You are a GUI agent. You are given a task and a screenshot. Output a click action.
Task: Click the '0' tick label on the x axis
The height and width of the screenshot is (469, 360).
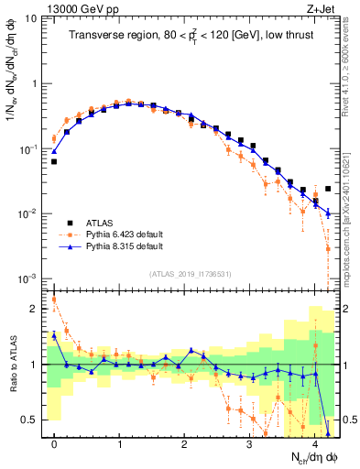tap(55, 443)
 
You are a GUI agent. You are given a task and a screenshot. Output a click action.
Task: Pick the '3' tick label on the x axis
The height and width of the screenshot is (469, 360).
tap(249, 443)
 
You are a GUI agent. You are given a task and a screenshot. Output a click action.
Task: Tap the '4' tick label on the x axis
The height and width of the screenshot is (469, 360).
tap(314, 443)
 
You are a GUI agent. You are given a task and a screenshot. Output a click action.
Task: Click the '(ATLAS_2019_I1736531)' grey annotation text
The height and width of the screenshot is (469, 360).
tap(190, 274)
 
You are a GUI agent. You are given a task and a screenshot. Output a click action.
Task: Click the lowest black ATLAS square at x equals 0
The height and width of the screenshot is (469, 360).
tap(54, 161)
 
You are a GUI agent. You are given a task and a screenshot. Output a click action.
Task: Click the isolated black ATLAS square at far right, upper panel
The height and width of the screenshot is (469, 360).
tap(327, 189)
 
